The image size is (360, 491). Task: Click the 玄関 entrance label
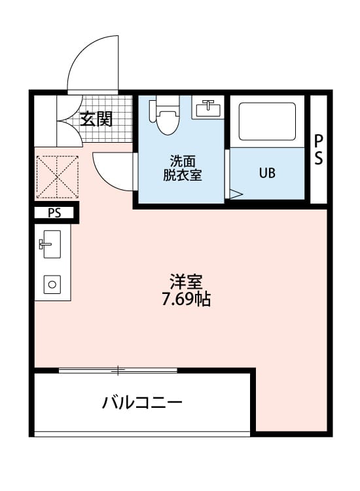[96, 119]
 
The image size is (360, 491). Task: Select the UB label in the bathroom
[267, 173]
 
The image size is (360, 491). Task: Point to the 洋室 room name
[185, 283]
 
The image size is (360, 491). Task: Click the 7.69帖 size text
[186, 300]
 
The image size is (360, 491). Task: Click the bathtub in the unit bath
[266, 120]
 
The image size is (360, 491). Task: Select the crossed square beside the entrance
[57, 175]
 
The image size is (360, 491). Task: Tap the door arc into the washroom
[111, 170]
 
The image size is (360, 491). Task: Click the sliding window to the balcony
[118, 371]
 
